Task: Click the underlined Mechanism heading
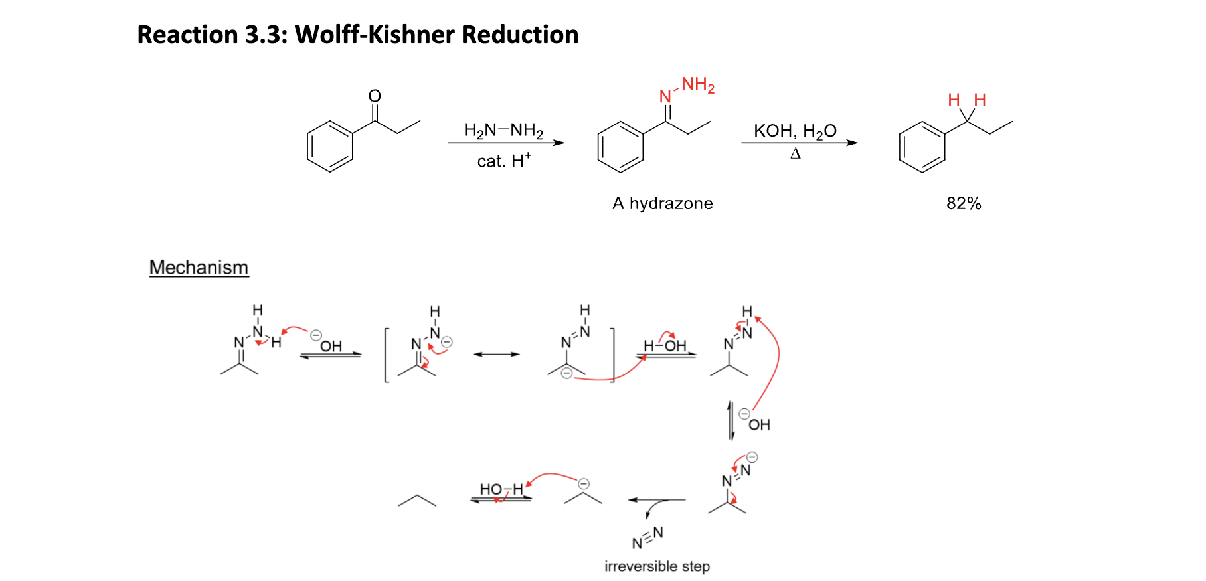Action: pyautogui.click(x=199, y=267)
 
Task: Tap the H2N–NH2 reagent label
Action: pyautogui.click(x=503, y=130)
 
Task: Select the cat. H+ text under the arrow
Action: pyautogui.click(x=504, y=161)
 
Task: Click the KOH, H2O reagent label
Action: pyautogui.click(x=795, y=131)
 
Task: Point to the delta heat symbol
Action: pyautogui.click(x=796, y=154)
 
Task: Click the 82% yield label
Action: pyautogui.click(x=964, y=203)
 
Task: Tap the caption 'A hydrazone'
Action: pyautogui.click(x=662, y=203)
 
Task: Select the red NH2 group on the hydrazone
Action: pyautogui.click(x=697, y=85)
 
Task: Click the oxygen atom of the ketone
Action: pyautogui.click(x=375, y=96)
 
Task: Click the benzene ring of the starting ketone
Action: pyautogui.click(x=330, y=147)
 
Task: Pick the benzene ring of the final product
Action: pyautogui.click(x=922, y=147)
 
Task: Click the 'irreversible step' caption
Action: pyautogui.click(x=657, y=566)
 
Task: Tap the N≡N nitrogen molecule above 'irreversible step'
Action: pyautogui.click(x=647, y=538)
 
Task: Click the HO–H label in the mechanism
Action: pyautogui.click(x=501, y=489)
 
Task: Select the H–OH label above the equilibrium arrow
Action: pyautogui.click(x=665, y=345)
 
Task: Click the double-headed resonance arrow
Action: pyautogui.click(x=496, y=355)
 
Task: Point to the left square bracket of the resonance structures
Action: pyautogui.click(x=387, y=355)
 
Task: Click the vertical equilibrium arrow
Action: pyautogui.click(x=731, y=420)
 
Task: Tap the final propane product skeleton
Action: pyautogui.click(x=417, y=501)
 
